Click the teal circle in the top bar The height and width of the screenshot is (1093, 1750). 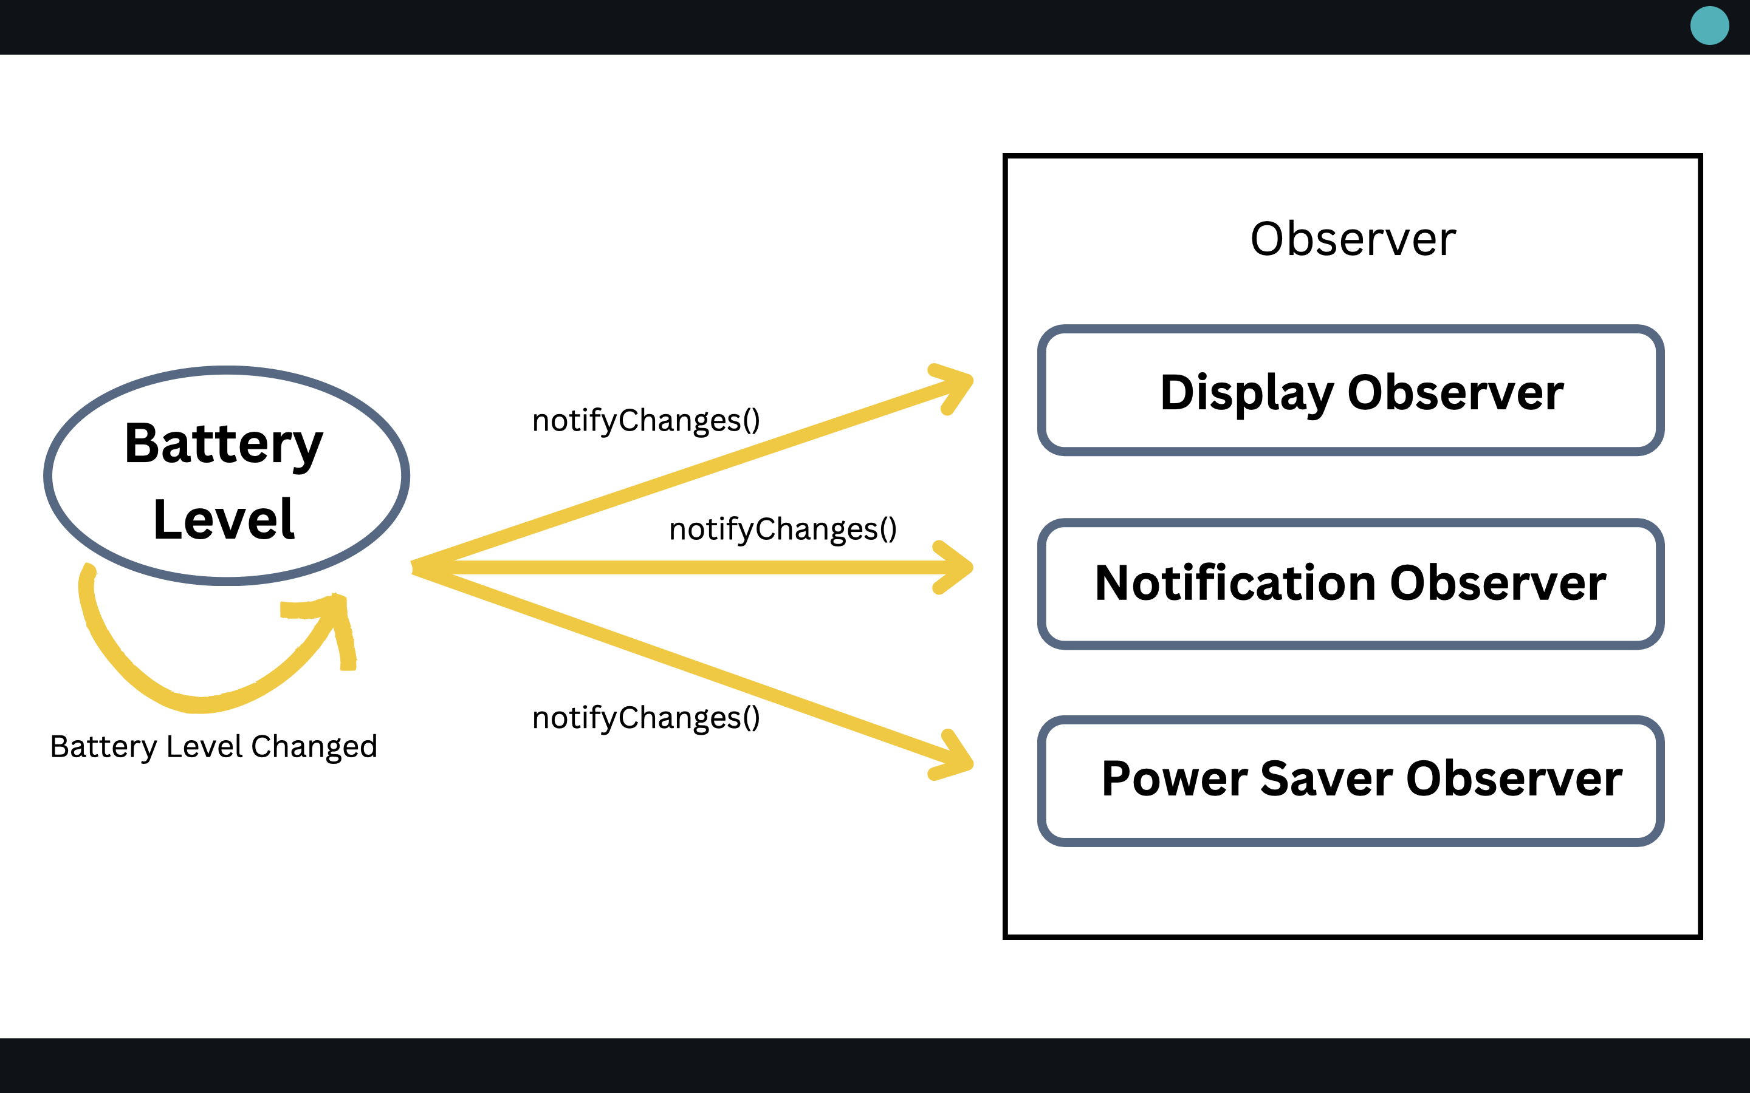(x=1709, y=26)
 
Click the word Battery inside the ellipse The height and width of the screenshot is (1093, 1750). (x=224, y=443)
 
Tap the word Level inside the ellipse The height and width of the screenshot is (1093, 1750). (x=224, y=519)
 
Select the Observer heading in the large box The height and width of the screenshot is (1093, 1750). (x=1352, y=239)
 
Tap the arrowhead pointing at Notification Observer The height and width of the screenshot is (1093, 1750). (x=958, y=568)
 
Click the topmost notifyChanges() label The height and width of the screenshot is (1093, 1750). (x=646, y=421)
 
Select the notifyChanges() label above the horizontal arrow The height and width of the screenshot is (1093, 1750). (x=783, y=529)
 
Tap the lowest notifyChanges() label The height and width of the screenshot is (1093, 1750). (x=646, y=718)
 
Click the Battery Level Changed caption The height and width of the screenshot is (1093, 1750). (x=213, y=747)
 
